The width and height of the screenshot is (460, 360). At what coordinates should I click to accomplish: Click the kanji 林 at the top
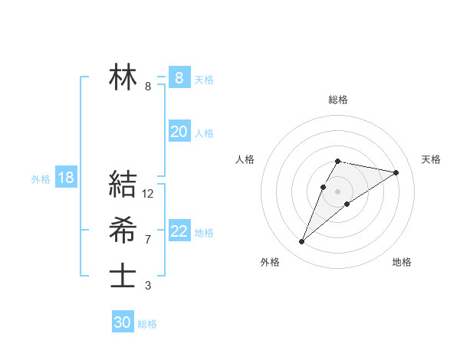coord(123,77)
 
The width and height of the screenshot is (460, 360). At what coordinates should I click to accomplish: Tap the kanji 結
coord(123,184)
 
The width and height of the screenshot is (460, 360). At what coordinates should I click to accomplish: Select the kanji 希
coord(123,230)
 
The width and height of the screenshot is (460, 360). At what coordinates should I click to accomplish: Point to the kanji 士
coord(123,276)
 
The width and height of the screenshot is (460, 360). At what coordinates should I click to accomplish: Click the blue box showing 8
coord(179,77)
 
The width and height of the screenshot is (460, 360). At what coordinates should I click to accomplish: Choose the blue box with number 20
coord(179,132)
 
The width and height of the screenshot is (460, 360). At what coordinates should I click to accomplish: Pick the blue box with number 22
coord(179,231)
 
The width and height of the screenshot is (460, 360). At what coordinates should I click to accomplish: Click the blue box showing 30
coord(123,322)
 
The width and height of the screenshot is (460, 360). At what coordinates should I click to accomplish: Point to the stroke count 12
coord(148,195)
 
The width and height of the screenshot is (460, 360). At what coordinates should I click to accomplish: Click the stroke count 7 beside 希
coord(148,240)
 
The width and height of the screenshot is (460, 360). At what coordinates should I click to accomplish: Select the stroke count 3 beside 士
coord(148,286)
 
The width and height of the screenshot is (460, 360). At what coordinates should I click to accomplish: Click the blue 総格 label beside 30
coord(147,324)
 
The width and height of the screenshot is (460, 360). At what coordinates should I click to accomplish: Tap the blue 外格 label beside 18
coord(41,179)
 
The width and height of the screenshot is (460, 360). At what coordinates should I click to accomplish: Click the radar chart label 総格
coord(337,100)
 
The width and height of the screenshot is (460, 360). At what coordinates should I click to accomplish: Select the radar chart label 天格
coord(431,159)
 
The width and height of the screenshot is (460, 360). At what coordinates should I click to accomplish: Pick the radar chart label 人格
coord(245,159)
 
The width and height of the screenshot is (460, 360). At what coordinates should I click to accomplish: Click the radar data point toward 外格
coord(301,242)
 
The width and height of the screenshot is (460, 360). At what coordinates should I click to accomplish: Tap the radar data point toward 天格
coord(396,172)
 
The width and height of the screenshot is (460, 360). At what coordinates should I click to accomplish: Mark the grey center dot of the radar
coord(337,191)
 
